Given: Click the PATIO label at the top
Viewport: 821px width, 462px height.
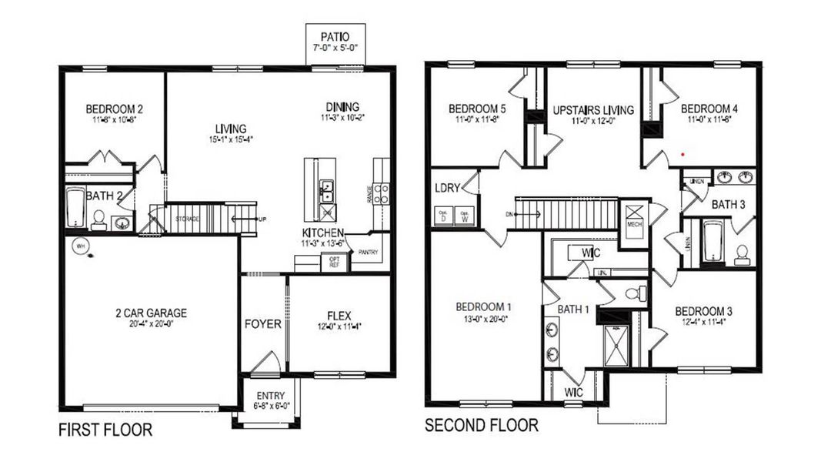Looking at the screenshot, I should tap(335, 36).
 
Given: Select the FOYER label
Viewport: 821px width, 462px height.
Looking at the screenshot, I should tap(262, 324).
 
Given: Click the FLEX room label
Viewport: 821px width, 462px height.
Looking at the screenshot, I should tap(339, 316).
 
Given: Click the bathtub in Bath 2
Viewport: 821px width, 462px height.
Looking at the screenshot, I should tap(75, 209).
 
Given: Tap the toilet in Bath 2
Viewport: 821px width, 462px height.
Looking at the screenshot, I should tap(99, 220).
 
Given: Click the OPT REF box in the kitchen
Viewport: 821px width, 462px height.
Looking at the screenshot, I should tap(335, 262).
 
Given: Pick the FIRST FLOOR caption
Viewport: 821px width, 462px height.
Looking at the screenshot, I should tap(105, 430).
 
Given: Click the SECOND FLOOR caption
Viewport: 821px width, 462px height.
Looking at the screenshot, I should tap(481, 425).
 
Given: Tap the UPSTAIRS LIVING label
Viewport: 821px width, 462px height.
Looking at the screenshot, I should tap(593, 110).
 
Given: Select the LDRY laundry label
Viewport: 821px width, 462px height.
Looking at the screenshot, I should tap(448, 188).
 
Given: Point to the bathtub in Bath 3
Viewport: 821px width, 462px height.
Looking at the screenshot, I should tap(713, 243).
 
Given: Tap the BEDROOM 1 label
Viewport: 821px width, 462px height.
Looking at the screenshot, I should tap(484, 307).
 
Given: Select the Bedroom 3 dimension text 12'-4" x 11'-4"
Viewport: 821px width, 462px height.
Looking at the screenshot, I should tap(703, 323).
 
